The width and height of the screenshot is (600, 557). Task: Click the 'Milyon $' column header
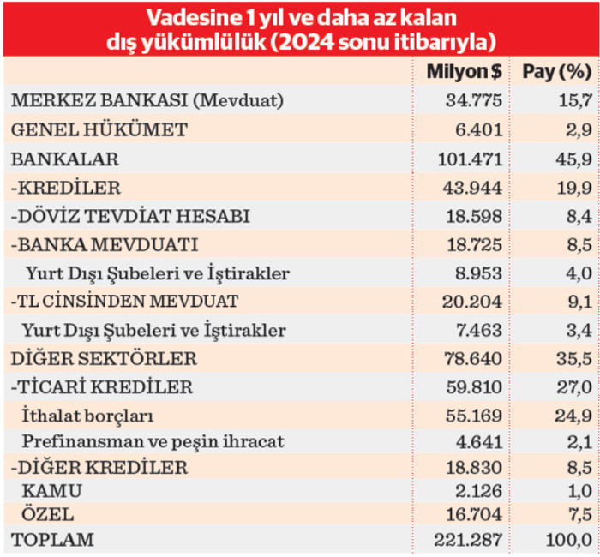pos(463,73)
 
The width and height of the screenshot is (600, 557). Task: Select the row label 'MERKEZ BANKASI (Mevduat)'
pos(147,101)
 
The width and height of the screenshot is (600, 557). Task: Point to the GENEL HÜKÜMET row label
pos(99,130)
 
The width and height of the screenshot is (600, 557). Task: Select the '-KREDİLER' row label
pos(66,188)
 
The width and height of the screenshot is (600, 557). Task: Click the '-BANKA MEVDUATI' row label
pos(105,245)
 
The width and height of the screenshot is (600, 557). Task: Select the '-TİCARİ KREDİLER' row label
pos(101,387)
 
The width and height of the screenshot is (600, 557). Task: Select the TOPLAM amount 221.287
pos(470,541)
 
